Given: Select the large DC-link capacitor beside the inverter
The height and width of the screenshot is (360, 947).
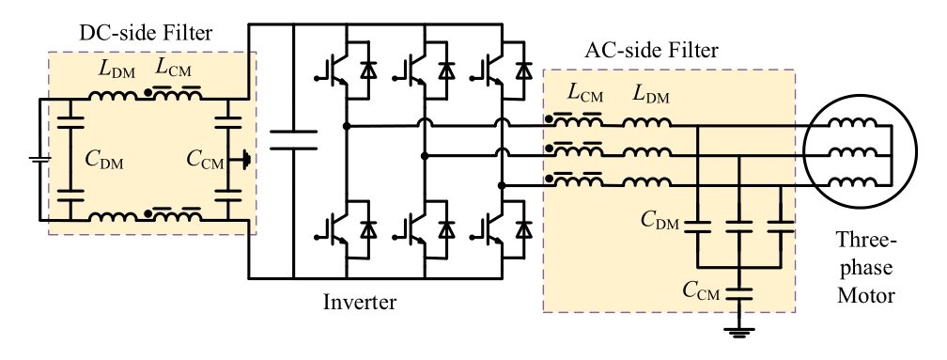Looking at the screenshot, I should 294,141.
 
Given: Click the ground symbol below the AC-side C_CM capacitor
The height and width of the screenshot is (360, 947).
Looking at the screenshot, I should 740,330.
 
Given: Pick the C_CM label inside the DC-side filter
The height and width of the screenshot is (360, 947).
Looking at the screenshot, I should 205,162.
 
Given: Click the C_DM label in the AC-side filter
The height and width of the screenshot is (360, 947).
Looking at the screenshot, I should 661,220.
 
